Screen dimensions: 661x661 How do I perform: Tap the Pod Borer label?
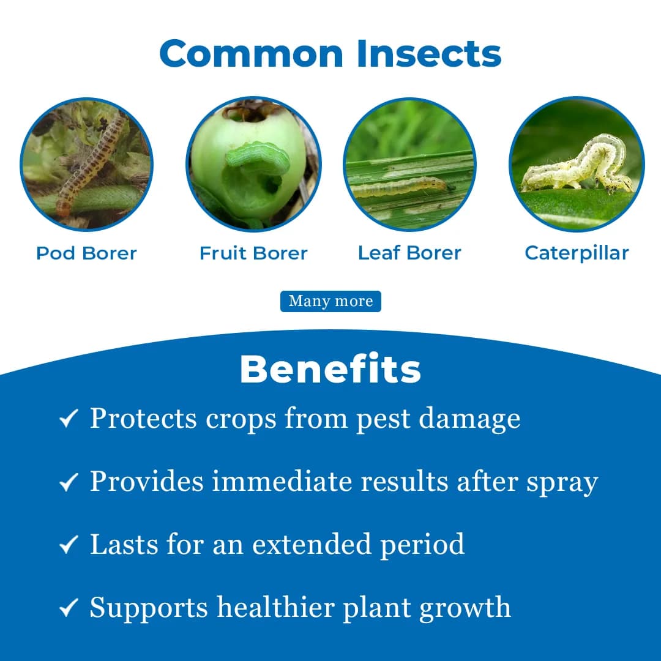pos(86,253)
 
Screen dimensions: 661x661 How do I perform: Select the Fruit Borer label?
pos(253,253)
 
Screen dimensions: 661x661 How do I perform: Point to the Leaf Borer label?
pos(409,253)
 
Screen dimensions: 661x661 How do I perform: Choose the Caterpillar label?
pos(577,253)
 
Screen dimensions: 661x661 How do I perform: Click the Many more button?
pos(330,301)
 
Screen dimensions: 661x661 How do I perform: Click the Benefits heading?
pos(330,369)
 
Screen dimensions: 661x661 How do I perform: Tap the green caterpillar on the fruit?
pos(258,158)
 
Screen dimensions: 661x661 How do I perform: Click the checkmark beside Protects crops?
pos(68,419)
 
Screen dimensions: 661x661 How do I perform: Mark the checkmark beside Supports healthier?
pos(68,608)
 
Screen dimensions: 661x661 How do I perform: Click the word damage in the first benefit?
pos(469,419)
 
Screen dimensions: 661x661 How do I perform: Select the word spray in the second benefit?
pos(562,483)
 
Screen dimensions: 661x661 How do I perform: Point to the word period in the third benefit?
pos(422,544)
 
